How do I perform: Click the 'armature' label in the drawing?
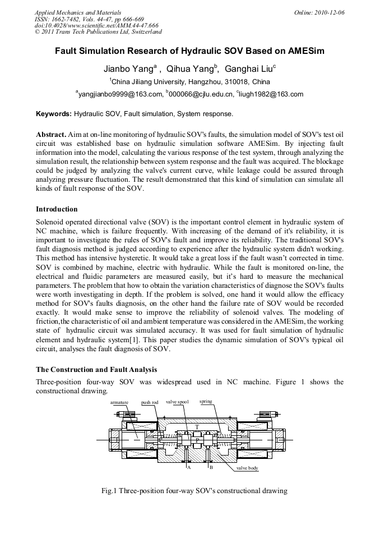[x=119, y=402]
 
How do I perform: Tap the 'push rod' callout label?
[x=150, y=402]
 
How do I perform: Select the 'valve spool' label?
[x=177, y=402]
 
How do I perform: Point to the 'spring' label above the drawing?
[x=206, y=402]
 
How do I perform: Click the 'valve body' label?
[x=247, y=467]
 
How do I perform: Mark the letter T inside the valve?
[x=197, y=427]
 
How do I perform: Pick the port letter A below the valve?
[x=189, y=467]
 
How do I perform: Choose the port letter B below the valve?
[x=211, y=467]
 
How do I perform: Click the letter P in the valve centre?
[x=197, y=440]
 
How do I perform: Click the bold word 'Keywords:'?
[x=54, y=114]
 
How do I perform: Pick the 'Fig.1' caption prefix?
[x=108, y=491]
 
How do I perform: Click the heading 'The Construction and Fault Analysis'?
[x=96, y=369]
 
